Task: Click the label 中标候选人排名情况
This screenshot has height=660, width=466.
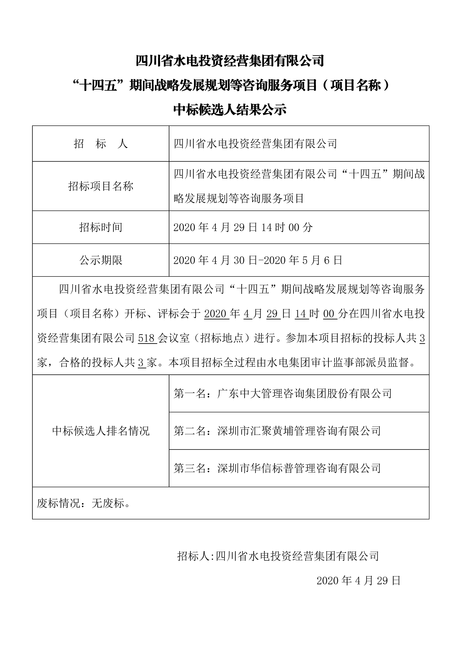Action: [101, 431]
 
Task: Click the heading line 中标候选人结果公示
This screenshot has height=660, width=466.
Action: [230, 110]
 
